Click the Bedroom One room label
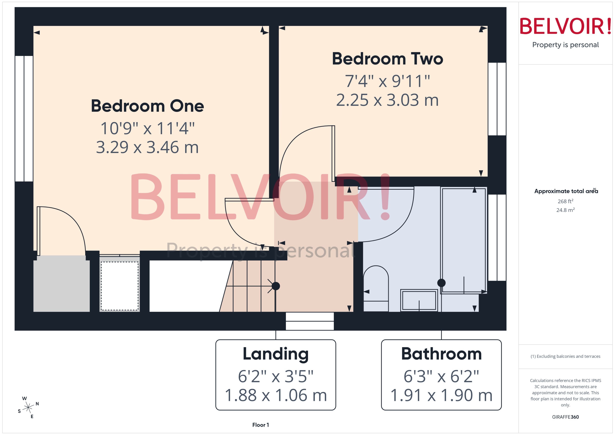click(147, 106)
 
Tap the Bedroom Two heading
click(387, 59)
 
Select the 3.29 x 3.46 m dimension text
click(147, 148)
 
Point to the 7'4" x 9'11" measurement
click(387, 81)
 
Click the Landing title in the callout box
click(276, 354)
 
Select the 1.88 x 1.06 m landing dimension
click(276, 395)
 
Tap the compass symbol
click(28, 408)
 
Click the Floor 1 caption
click(260, 425)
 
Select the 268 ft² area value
click(565, 201)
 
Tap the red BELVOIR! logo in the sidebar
click(565, 26)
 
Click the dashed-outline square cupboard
click(119, 286)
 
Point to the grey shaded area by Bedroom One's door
click(61, 284)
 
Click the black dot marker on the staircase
click(276, 286)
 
